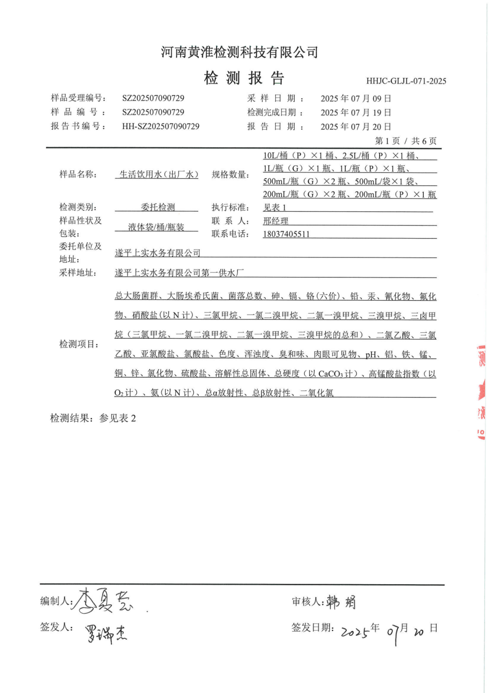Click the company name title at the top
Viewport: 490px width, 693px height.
[239, 52]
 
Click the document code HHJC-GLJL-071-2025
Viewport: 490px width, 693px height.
[406, 81]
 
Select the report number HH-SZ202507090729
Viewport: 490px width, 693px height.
[161, 126]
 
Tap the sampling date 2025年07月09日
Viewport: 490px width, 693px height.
[356, 99]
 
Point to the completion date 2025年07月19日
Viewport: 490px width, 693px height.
[356, 113]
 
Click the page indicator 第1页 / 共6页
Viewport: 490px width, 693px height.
[406, 141]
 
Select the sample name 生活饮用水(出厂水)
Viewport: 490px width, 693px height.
[158, 175]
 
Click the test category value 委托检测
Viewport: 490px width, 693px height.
[158, 207]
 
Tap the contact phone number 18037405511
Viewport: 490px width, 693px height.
[286, 234]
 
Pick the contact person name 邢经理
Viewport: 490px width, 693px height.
[275, 221]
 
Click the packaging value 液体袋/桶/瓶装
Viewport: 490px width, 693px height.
[156, 227]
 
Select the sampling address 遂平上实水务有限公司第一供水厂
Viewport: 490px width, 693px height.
[179, 273]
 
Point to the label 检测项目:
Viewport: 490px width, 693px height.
[79, 344]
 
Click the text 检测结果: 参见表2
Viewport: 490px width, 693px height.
[93, 418]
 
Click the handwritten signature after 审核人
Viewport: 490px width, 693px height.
[341, 602]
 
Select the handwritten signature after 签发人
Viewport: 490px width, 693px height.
[106, 634]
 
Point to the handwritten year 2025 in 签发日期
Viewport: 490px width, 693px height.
[355, 632]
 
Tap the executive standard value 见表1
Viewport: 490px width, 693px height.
[274, 207]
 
